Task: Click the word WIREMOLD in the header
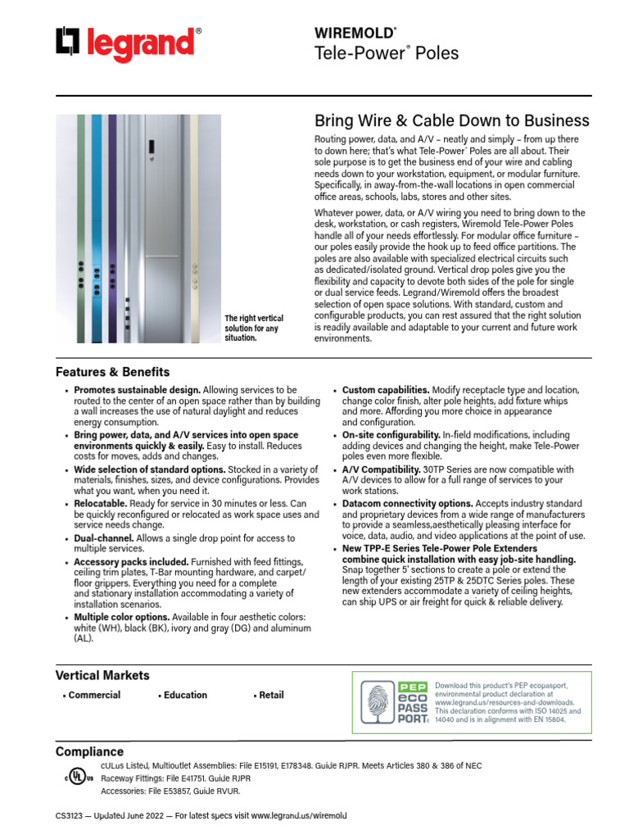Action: pos(354,32)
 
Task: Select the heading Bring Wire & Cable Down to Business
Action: pos(451,121)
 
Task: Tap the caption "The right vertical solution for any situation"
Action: pos(254,328)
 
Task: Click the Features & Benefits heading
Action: pos(112,372)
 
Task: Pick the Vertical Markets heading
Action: pos(102,675)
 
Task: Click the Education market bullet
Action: pos(185,695)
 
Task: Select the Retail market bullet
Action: pos(271,695)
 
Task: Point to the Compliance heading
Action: pos(89,751)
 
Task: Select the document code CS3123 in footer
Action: pos(71,817)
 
